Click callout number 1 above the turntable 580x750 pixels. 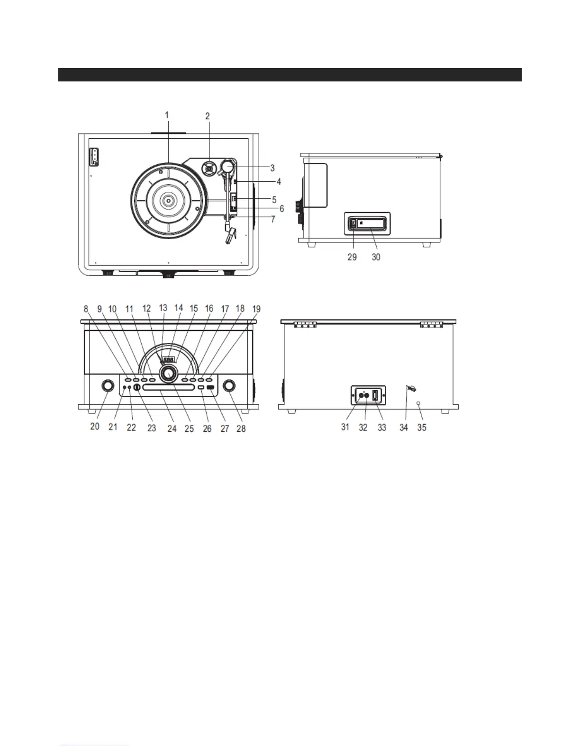coord(167,115)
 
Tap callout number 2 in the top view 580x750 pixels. coord(208,116)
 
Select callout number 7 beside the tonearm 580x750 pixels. coord(272,220)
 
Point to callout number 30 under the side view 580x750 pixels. coord(376,257)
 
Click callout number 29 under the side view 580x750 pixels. coord(352,257)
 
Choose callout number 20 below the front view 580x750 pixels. coord(95,426)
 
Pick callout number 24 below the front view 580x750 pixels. coord(172,428)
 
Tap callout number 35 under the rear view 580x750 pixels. coord(421,427)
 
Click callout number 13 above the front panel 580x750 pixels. coord(163,308)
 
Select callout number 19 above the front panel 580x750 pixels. coord(256,309)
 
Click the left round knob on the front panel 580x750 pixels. coord(108,385)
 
